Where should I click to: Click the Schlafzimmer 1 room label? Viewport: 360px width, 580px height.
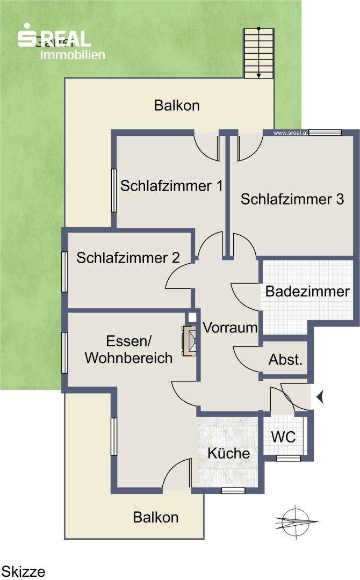171,186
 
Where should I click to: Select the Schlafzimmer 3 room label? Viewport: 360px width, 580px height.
292,199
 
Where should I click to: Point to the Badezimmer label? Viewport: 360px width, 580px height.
307,292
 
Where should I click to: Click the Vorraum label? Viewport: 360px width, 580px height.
230,327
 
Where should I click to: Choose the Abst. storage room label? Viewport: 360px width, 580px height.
285,360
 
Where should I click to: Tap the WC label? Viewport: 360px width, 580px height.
283,437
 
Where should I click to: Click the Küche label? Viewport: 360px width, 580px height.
229,453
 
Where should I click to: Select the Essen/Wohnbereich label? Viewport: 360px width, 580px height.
129,349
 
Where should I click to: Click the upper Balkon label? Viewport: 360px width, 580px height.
177,105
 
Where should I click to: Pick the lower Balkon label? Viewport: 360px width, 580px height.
156,517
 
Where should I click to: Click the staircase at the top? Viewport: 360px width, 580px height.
259,53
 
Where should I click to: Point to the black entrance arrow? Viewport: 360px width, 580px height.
320,397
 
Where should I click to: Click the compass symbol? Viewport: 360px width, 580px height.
296,520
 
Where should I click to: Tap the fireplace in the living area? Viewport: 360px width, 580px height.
190,340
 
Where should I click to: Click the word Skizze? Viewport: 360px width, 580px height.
24,571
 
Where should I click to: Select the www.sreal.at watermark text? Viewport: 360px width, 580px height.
290,132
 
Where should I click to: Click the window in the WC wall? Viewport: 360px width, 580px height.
289,458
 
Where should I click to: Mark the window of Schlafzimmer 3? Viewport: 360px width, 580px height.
325,132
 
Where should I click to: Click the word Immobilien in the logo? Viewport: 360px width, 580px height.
73,55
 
